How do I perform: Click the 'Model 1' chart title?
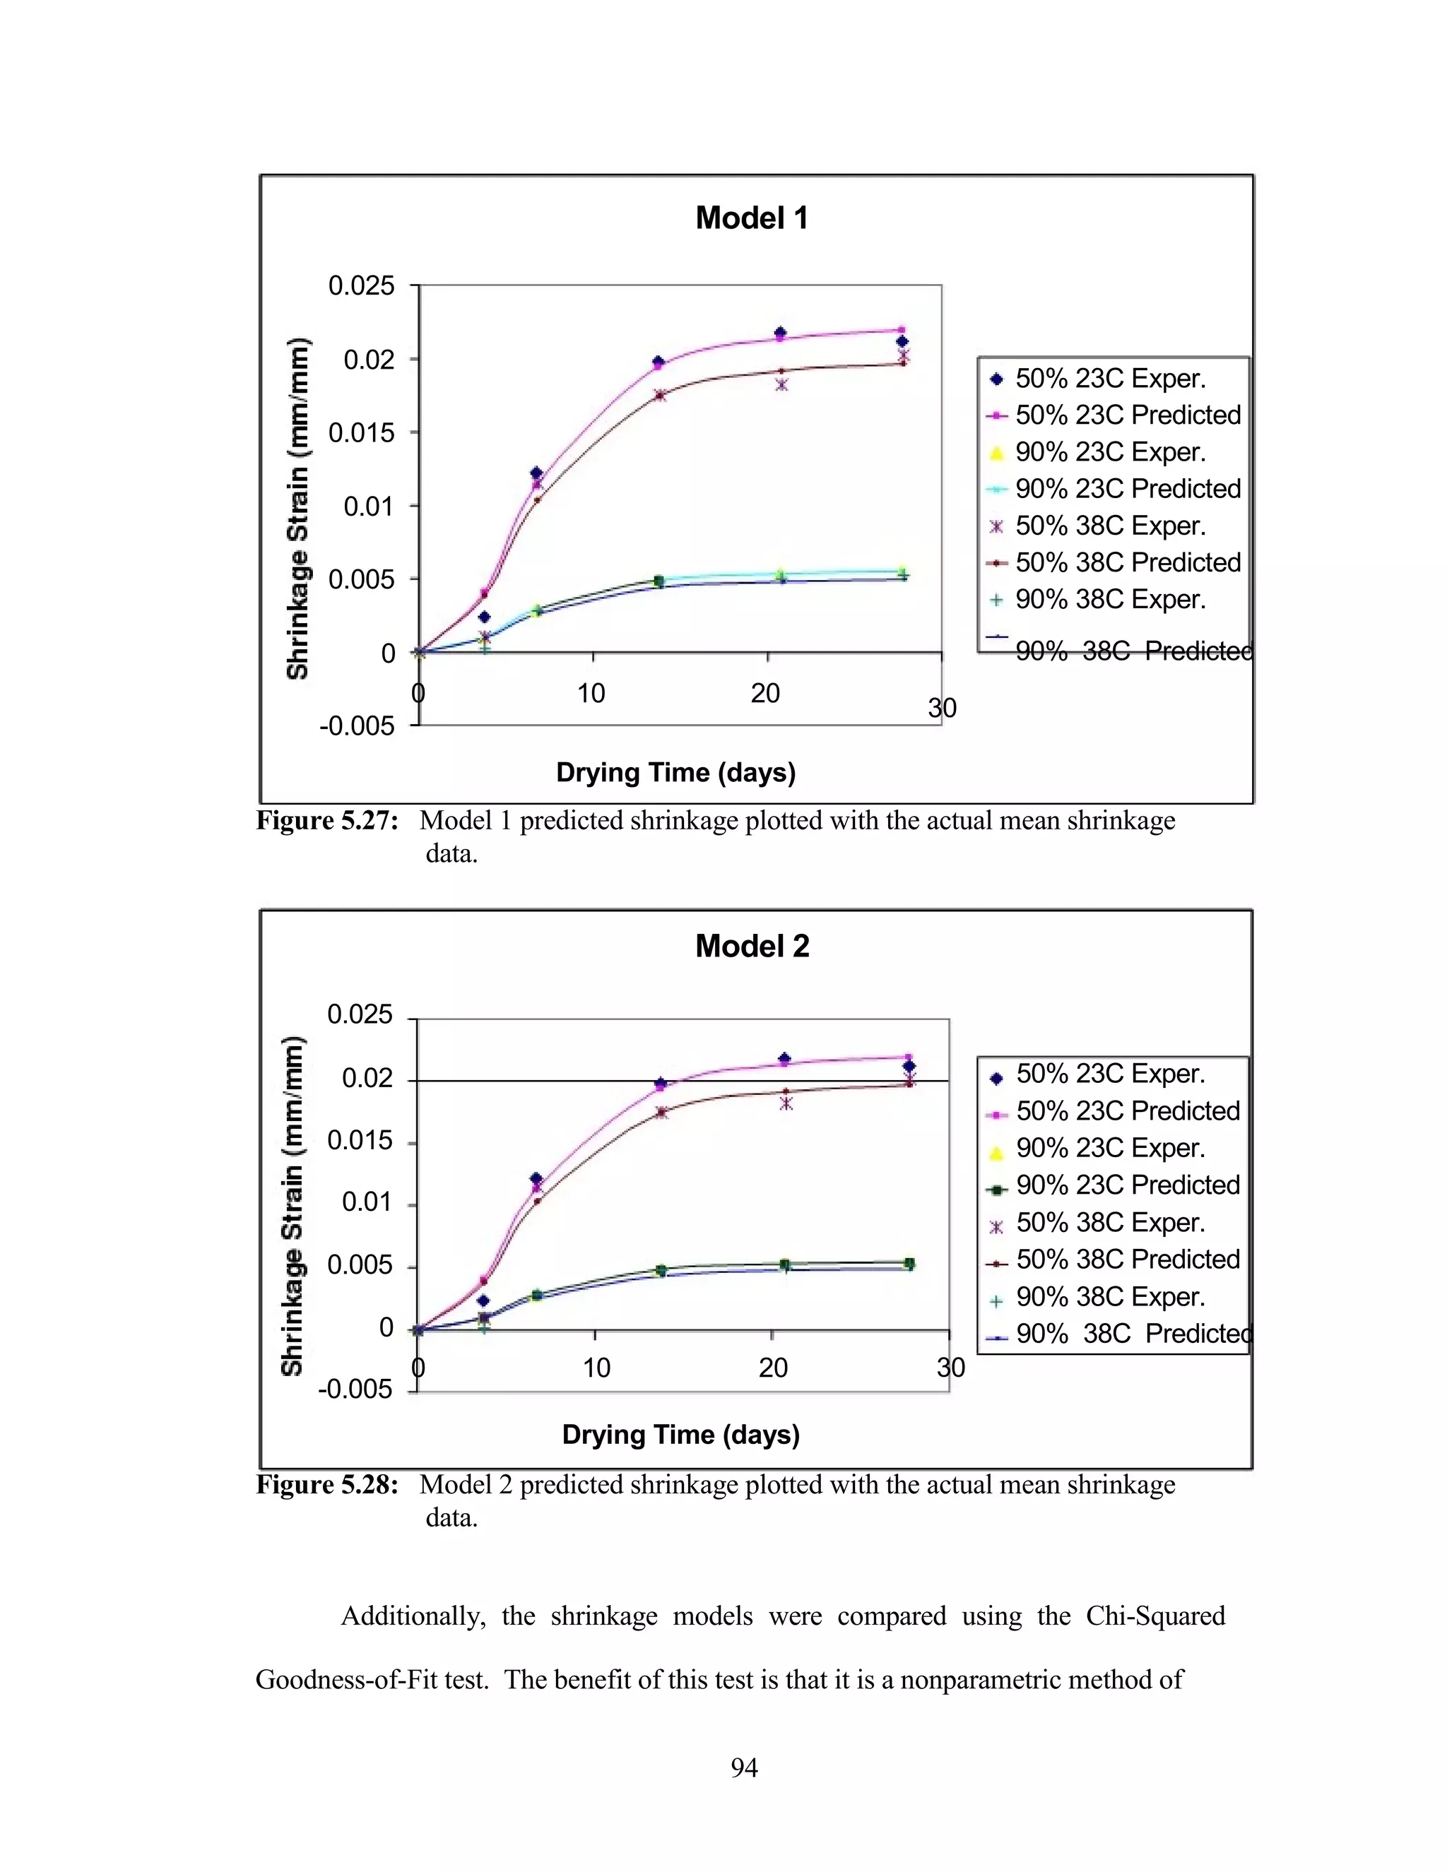tap(751, 218)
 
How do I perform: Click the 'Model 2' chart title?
tap(752, 947)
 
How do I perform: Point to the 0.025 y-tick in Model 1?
tap(361, 285)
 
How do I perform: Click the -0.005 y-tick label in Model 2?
tap(355, 1389)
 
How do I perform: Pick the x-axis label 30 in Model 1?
tap(941, 708)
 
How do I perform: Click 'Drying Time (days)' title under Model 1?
tap(675, 772)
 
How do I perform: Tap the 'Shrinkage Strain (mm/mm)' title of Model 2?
tap(293, 1206)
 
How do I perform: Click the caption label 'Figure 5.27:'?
tap(327, 821)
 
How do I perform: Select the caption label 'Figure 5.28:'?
tap(327, 1485)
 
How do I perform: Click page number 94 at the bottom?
tap(743, 1767)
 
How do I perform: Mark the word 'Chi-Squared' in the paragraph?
tap(1154, 1616)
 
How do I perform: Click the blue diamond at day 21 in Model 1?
tap(780, 333)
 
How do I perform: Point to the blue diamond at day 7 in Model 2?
tap(537, 1178)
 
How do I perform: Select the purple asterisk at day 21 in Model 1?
tap(781, 385)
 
